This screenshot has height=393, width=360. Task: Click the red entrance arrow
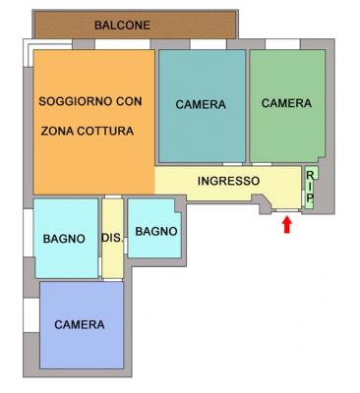(x=287, y=225)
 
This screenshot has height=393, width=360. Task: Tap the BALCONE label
(x=122, y=26)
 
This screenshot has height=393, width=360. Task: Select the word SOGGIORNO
(x=75, y=101)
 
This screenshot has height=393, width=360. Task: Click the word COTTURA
(x=105, y=131)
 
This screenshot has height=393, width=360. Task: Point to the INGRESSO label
(x=228, y=181)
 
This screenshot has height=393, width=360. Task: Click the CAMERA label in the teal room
(x=201, y=104)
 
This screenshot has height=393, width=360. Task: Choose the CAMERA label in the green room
(x=286, y=103)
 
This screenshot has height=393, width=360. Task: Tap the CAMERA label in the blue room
(x=80, y=324)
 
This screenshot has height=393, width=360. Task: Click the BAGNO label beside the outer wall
(x=64, y=239)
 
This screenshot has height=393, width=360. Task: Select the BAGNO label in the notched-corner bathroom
(x=156, y=232)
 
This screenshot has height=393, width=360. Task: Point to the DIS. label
(x=112, y=238)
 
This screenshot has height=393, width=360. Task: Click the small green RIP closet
(x=311, y=188)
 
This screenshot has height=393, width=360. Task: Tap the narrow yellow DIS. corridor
(x=112, y=239)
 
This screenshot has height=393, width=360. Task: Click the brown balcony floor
(x=136, y=25)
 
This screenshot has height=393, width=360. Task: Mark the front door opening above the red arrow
(x=287, y=210)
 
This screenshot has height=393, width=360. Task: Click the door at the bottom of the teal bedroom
(x=232, y=164)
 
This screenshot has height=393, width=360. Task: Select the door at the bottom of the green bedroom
(x=262, y=164)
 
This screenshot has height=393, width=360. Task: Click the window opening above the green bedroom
(x=282, y=44)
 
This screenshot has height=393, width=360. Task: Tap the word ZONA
(x=57, y=131)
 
